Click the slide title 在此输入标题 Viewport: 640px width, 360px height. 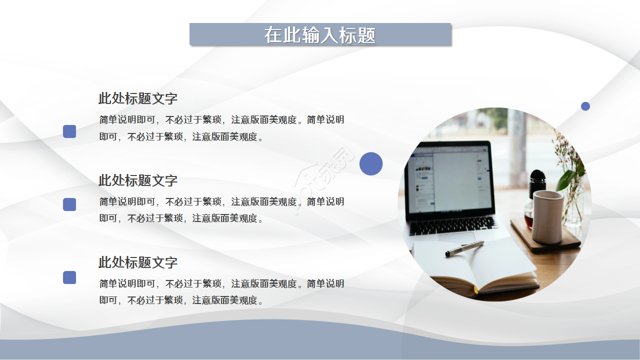pos(320,35)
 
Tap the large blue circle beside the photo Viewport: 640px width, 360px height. pos(371,163)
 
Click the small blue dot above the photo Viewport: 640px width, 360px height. pos(585,106)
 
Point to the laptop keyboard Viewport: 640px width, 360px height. pos(453,225)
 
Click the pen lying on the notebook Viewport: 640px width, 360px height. pos(464,248)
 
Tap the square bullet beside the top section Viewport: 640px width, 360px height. pos(69,131)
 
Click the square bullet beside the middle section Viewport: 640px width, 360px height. pos(69,204)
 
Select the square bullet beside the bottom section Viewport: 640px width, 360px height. pos(69,277)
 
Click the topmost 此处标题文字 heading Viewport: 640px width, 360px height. pos(138,98)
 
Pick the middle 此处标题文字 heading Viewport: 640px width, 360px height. pos(138,180)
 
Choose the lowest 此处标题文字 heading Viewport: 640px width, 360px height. pos(138,262)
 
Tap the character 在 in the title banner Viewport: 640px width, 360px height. pos(273,35)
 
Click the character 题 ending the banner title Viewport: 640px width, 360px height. pos(366,35)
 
